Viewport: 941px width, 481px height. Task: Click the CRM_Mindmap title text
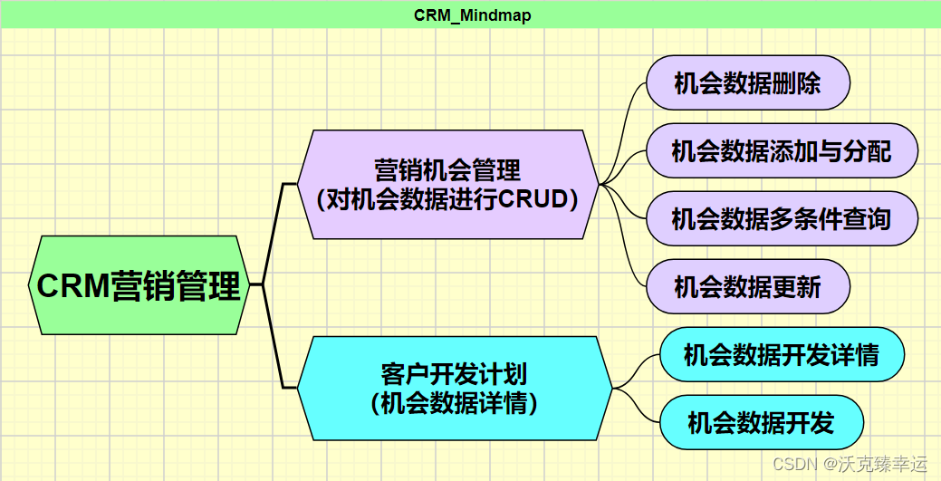[x=472, y=15]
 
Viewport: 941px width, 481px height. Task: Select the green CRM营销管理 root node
[x=139, y=285]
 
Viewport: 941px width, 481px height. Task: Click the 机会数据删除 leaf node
[x=747, y=83]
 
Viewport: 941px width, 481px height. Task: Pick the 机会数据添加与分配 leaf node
[x=782, y=150]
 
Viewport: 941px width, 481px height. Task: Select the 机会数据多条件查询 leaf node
[x=782, y=218]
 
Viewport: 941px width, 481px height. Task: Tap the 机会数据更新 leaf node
[x=747, y=287]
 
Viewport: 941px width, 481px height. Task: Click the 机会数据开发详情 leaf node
[x=781, y=354]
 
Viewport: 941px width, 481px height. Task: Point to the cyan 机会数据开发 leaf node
[x=761, y=422]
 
